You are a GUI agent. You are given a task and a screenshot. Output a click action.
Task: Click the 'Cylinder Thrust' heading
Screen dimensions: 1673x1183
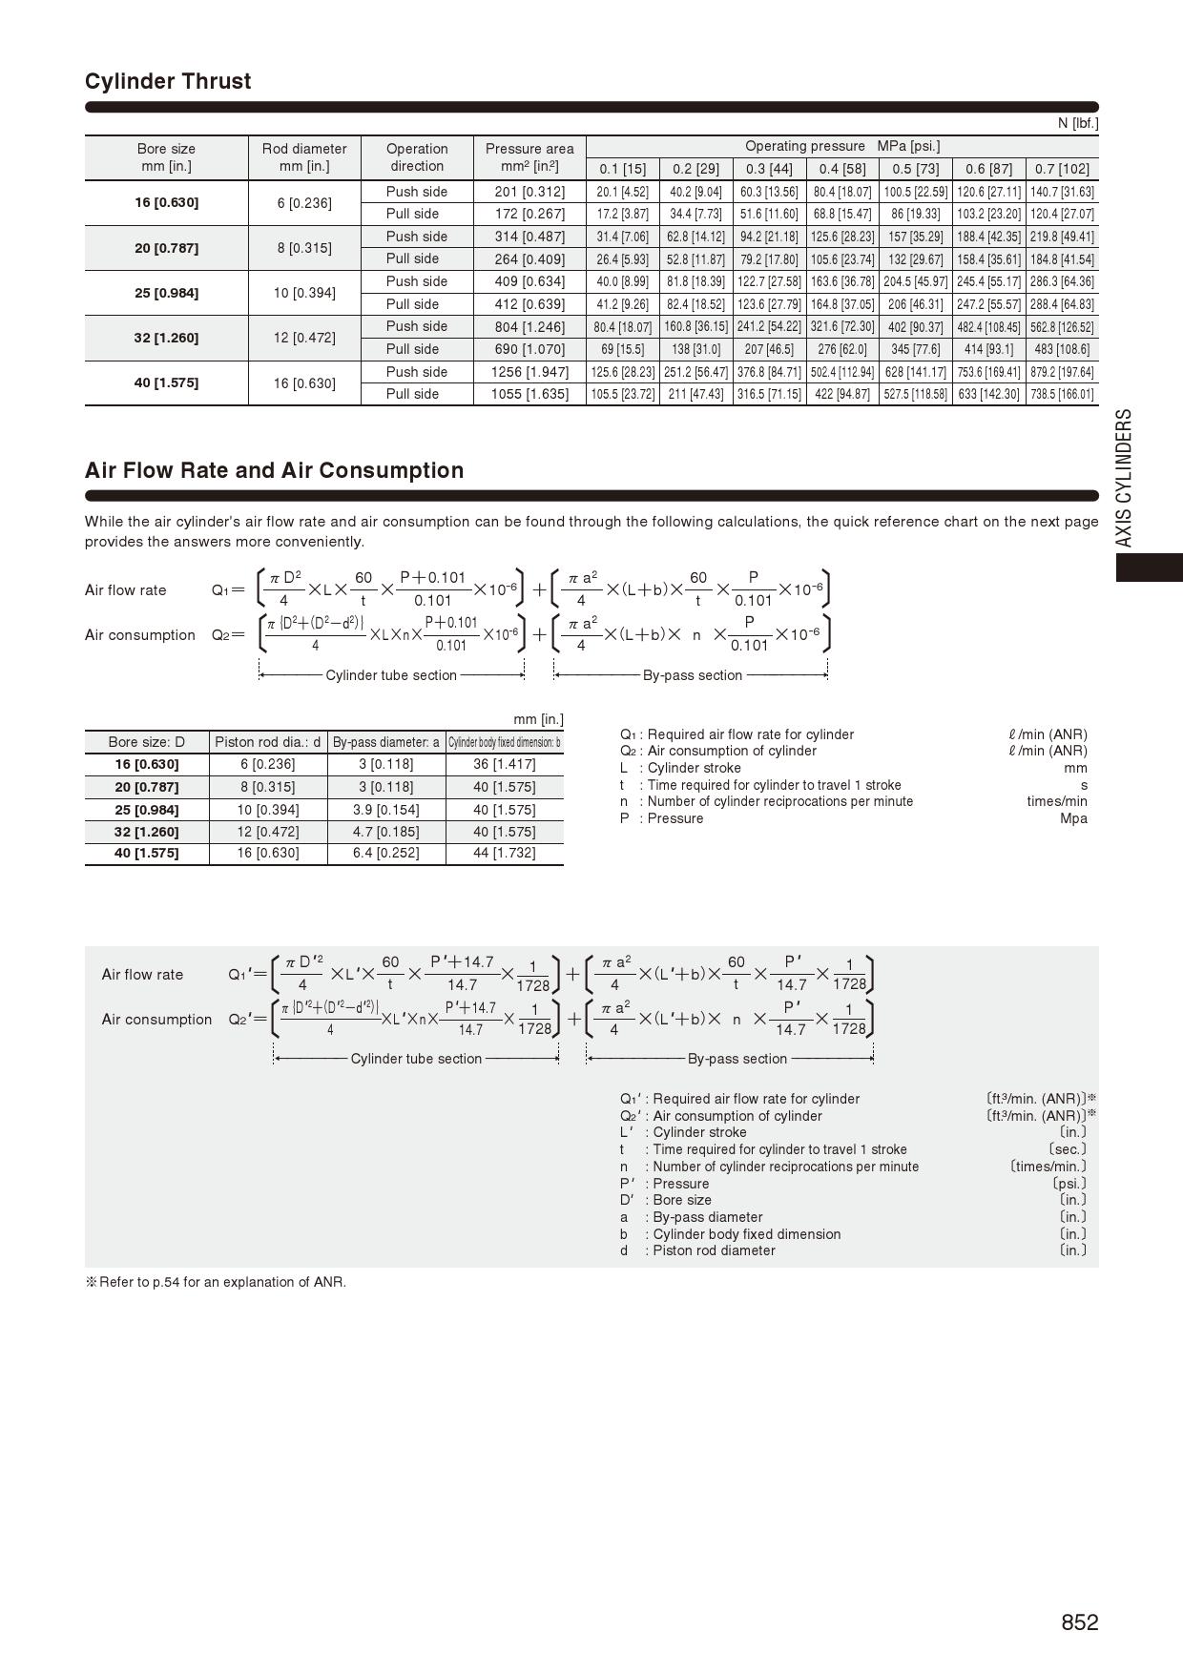pyautogui.click(x=168, y=81)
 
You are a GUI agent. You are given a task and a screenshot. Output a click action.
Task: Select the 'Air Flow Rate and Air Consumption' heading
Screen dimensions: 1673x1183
pyautogui.click(x=274, y=470)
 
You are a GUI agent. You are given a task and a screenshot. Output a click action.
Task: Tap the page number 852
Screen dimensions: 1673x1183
pyautogui.click(x=1079, y=1622)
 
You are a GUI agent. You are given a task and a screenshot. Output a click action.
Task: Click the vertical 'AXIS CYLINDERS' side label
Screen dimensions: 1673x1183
pyautogui.click(x=1125, y=478)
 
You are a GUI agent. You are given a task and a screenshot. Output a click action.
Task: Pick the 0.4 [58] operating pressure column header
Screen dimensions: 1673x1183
pyautogui.click(x=842, y=169)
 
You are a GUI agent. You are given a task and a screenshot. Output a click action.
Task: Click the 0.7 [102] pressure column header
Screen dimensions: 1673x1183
pyautogui.click(x=1062, y=169)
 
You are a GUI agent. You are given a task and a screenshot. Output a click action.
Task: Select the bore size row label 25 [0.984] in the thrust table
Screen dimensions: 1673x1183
pyautogui.click(x=166, y=293)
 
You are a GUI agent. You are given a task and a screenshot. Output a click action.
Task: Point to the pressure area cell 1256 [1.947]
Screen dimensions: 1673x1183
pyautogui.click(x=529, y=372)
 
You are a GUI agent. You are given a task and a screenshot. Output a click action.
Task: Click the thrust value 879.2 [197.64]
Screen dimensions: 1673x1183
pyautogui.click(x=1062, y=372)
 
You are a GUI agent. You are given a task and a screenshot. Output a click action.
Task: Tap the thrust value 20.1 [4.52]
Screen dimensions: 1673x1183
pyautogui.click(x=622, y=192)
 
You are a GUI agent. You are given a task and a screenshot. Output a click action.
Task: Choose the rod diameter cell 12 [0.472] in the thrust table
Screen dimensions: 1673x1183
pyautogui.click(x=304, y=338)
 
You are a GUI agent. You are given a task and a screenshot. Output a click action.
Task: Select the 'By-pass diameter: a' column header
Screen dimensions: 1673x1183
pyautogui.click(x=385, y=742)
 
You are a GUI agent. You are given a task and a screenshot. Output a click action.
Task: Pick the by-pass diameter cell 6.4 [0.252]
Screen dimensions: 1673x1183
pyautogui.click(x=385, y=853)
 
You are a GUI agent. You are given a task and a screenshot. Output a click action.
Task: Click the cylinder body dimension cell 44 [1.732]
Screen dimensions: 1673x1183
pyautogui.click(x=504, y=853)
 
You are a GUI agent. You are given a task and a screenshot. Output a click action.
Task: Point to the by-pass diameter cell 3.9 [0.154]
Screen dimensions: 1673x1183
pyautogui.click(x=385, y=810)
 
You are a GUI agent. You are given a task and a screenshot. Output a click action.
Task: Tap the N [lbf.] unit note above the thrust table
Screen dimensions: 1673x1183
pyautogui.click(x=1077, y=123)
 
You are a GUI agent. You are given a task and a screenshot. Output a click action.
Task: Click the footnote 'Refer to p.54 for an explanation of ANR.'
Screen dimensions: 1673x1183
pyautogui.click(x=216, y=1282)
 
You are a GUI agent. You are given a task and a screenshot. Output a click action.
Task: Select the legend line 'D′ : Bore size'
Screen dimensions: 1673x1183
pyautogui.click(x=666, y=1200)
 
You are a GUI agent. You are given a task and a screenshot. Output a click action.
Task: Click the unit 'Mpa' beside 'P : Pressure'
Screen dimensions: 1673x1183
pyautogui.click(x=1073, y=818)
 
